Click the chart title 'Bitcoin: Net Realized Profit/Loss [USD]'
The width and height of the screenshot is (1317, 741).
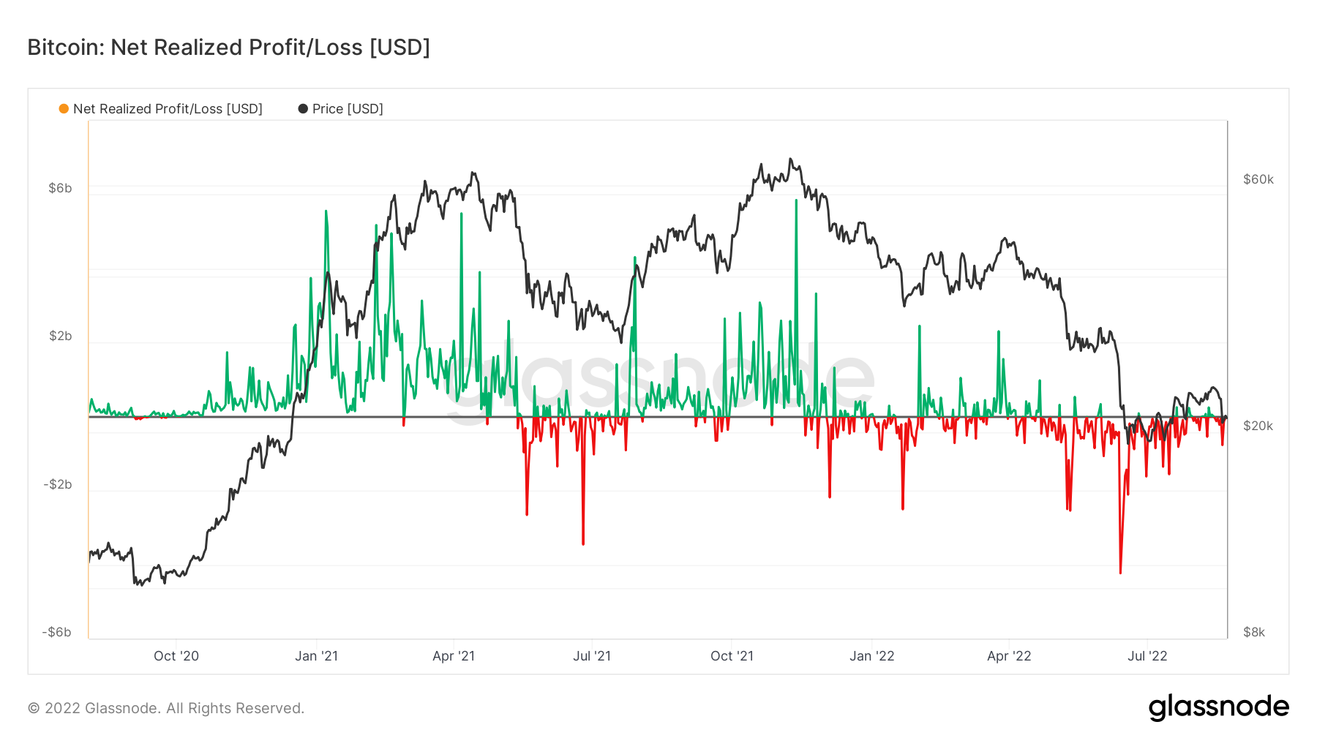(228, 48)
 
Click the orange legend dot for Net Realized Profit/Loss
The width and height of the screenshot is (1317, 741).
(64, 109)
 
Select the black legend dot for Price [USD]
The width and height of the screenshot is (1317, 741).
(303, 109)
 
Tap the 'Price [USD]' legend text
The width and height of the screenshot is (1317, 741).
(348, 109)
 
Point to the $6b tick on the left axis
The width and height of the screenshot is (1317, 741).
(60, 188)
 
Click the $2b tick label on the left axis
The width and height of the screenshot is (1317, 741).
(60, 336)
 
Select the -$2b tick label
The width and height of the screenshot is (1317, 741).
(58, 484)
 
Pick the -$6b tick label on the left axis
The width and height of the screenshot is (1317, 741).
(57, 632)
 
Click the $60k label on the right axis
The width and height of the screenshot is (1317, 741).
(1258, 179)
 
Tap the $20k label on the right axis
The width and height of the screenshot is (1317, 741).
(1258, 426)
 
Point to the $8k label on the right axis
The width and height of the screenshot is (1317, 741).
(1254, 632)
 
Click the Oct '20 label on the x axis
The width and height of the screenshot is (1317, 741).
(176, 656)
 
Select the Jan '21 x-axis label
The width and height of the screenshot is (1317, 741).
(316, 656)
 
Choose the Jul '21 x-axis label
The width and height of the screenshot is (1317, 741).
(592, 656)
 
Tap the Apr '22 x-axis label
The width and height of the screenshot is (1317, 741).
(1009, 656)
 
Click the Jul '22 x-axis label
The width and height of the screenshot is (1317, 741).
(1147, 656)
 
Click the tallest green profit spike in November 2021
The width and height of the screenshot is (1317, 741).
(796, 202)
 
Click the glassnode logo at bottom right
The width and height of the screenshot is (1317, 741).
(1218, 707)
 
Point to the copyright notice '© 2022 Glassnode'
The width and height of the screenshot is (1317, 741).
(166, 708)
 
